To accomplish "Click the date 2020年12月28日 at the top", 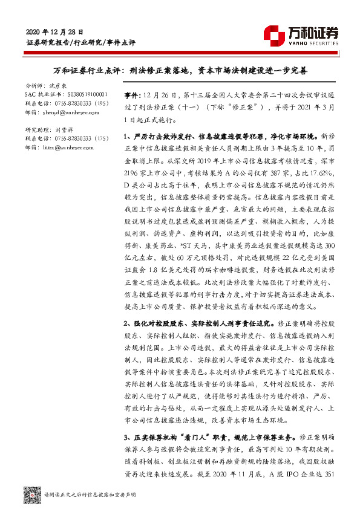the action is tap(54, 31).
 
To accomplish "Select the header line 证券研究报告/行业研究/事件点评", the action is tap(81, 44).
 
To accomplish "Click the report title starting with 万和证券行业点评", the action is tap(180, 71).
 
